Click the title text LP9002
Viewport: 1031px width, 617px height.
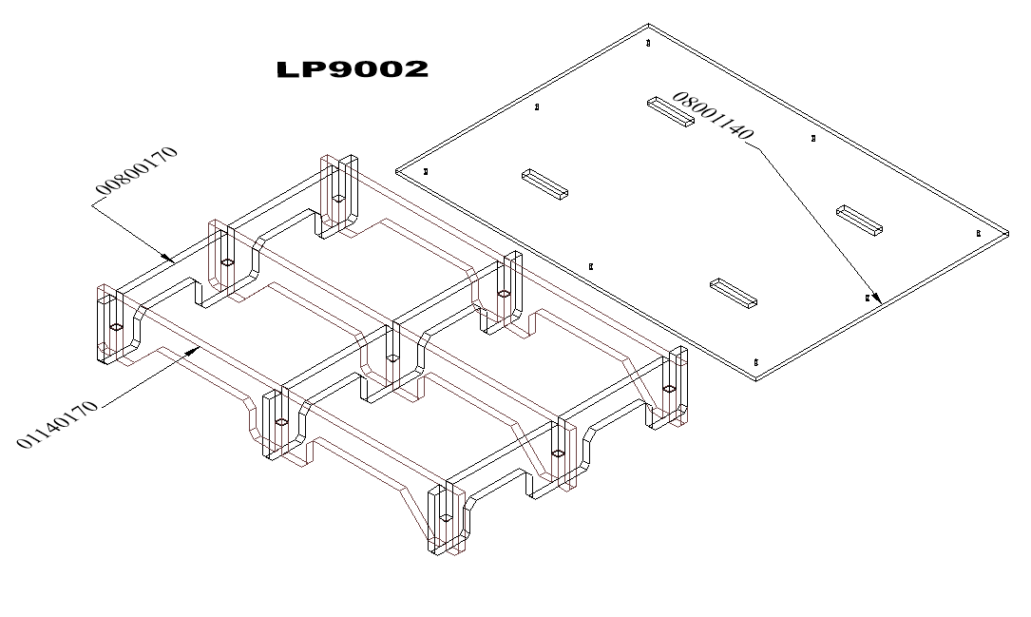352,69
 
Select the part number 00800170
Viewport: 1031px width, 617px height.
137,176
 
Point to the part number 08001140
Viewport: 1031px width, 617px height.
712,116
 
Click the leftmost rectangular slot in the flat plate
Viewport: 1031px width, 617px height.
544,183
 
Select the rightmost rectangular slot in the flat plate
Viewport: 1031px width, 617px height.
859,220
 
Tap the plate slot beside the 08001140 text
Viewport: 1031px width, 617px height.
670,111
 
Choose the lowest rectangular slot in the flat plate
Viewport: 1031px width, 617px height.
734,293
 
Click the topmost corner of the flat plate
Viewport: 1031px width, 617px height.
649,25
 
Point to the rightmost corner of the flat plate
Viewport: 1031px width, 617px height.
1007,231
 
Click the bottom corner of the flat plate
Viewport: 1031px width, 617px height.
756,377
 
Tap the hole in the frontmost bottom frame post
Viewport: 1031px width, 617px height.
444,518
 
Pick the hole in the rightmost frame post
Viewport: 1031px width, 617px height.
669,389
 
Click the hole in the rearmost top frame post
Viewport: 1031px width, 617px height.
337,198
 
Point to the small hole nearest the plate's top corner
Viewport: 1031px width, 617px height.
648,43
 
